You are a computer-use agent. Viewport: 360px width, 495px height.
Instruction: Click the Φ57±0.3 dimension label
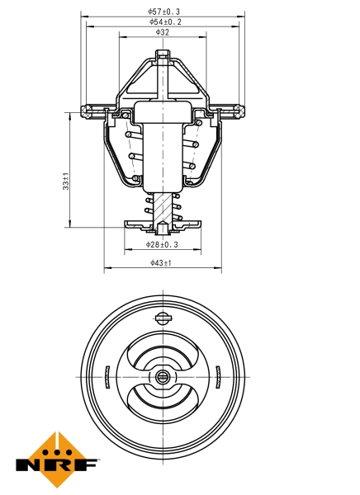pyautogui.click(x=163, y=11)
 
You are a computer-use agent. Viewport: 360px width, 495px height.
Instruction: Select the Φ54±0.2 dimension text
pyautogui.click(x=163, y=21)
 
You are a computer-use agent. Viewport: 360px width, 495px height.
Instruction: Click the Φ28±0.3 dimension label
pyautogui.click(x=163, y=244)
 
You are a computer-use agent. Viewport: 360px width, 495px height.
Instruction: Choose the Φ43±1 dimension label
pyautogui.click(x=161, y=262)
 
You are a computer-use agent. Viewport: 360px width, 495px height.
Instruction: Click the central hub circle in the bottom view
pyautogui.click(x=162, y=377)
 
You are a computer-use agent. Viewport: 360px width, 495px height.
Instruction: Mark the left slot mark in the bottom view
pyautogui.click(x=107, y=377)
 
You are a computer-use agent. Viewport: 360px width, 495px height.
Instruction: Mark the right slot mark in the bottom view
pyautogui.click(x=216, y=377)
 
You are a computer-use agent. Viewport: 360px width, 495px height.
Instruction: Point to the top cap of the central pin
pyautogui.click(x=163, y=56)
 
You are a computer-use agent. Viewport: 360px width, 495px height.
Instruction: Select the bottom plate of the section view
pyautogui.click(x=163, y=223)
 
